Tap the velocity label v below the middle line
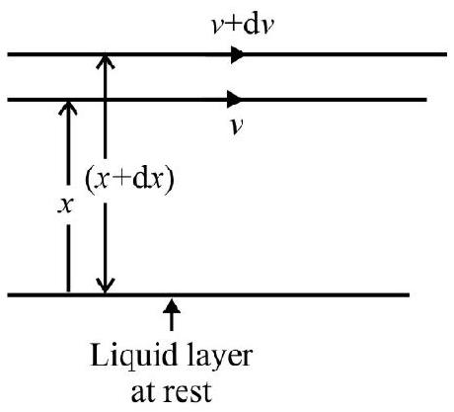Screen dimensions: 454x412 pyautogui.click(x=237, y=126)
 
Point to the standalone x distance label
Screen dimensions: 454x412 pyautogui.click(x=65, y=206)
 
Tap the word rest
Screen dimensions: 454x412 pyautogui.click(x=189, y=391)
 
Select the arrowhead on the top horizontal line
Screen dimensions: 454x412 pyautogui.click(x=237, y=54)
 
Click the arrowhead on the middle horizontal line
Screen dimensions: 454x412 pyautogui.click(x=234, y=100)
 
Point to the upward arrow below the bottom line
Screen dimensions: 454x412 pyautogui.click(x=172, y=314)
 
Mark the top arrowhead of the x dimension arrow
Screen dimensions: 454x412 pyautogui.click(x=68, y=108)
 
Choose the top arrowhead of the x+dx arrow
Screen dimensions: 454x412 pyautogui.click(x=106, y=61)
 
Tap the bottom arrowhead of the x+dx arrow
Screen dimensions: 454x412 pyautogui.click(x=106, y=286)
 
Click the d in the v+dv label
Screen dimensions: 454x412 pyautogui.click(x=253, y=24)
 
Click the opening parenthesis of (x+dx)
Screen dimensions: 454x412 pyautogui.click(x=89, y=180)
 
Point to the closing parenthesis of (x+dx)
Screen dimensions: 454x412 pyautogui.click(x=169, y=180)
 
